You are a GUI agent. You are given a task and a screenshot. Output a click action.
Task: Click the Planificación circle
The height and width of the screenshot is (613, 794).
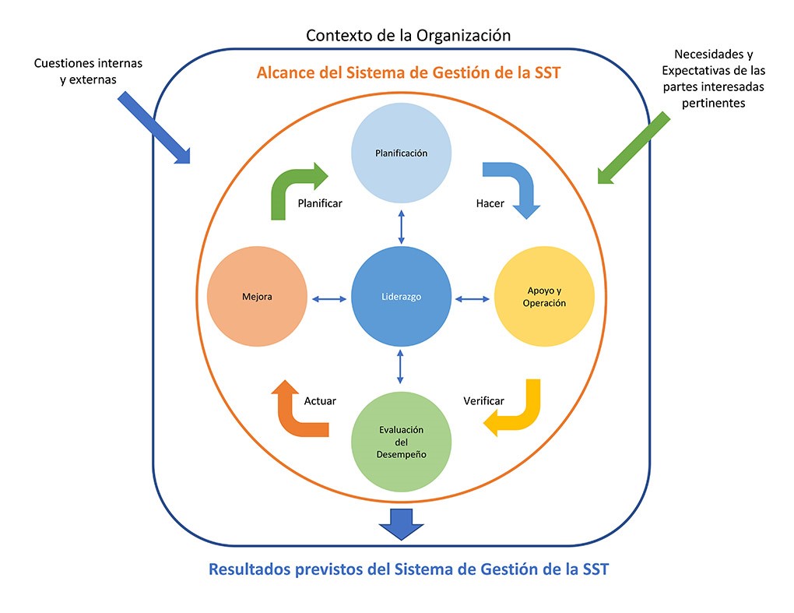click(x=401, y=153)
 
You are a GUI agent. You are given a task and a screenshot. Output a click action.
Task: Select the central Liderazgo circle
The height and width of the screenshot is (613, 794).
click(x=401, y=298)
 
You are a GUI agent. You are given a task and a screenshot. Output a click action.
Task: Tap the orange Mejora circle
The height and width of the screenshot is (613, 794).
click(x=256, y=298)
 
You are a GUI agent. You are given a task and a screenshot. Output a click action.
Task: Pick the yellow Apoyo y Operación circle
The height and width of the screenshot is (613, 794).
click(x=543, y=298)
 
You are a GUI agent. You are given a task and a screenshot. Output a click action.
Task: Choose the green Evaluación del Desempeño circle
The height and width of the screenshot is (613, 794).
click(x=401, y=442)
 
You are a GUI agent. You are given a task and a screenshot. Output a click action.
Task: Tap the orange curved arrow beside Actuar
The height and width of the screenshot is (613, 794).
click(x=296, y=410)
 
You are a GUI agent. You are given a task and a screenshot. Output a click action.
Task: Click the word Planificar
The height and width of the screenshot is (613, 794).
click(x=320, y=203)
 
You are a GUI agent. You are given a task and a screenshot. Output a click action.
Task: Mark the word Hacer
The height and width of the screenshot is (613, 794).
click(x=490, y=203)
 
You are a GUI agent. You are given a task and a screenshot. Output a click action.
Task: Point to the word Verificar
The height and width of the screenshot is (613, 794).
click(x=483, y=401)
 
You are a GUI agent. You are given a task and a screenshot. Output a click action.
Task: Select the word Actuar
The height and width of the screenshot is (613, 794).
click(x=320, y=401)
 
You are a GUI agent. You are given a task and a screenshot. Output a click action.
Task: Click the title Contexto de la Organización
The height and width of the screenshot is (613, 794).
click(x=408, y=35)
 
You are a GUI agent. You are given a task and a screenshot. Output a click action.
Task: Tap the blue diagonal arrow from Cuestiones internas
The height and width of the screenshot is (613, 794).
click(x=154, y=128)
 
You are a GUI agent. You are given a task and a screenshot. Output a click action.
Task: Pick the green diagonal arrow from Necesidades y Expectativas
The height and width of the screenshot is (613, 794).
click(x=634, y=148)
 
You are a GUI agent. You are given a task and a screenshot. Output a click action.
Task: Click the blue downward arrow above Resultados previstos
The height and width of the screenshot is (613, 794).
click(x=401, y=523)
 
